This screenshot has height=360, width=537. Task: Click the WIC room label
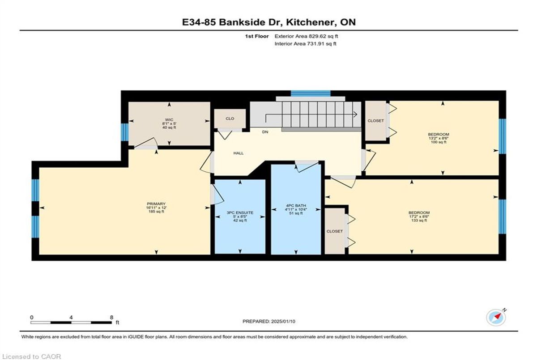(169, 120)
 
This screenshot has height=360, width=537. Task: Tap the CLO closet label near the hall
(230, 119)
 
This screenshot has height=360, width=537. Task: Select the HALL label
(239, 153)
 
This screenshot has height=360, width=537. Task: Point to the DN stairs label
(265, 132)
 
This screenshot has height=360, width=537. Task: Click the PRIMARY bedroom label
(156, 204)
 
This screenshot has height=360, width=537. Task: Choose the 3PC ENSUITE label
(240, 213)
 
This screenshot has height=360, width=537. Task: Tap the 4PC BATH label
(296, 206)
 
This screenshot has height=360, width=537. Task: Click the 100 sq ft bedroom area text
(439, 142)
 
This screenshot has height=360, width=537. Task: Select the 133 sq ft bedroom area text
(419, 220)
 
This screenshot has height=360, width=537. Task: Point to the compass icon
(496, 318)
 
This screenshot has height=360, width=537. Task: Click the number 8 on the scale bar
(111, 318)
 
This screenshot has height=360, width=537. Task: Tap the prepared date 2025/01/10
(283, 322)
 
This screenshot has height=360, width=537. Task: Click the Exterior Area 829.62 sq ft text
(306, 36)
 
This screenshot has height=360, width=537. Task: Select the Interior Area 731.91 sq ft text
(305, 43)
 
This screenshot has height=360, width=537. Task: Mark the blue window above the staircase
(311, 93)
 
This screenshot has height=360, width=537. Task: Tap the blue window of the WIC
(125, 132)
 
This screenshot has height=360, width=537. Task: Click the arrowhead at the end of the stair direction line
(355, 114)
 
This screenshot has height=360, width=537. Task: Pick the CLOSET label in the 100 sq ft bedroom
(375, 121)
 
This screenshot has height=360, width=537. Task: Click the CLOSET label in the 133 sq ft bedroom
(334, 231)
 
